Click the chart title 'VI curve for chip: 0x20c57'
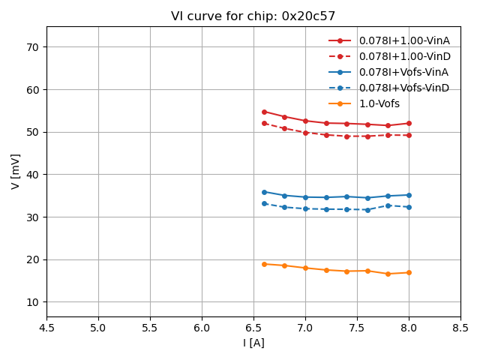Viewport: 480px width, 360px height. pyautogui.click(x=253, y=16)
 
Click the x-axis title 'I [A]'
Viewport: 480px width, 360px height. pyautogui.click(x=253, y=343)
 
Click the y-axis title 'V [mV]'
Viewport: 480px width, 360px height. pyautogui.click(x=16, y=171)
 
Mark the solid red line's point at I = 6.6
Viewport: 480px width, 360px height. pyautogui.click(x=264, y=112)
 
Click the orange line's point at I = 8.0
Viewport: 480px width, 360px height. pyautogui.click(x=409, y=272)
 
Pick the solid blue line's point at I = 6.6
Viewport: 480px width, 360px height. pyautogui.click(x=264, y=192)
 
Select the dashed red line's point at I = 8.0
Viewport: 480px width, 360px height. pyautogui.click(x=409, y=135)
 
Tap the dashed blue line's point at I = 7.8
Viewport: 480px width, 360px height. pyautogui.click(x=388, y=205)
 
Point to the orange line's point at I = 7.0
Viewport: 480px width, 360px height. pyautogui.click(x=305, y=268)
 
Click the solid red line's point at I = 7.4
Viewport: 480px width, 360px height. pyautogui.click(x=346, y=124)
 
